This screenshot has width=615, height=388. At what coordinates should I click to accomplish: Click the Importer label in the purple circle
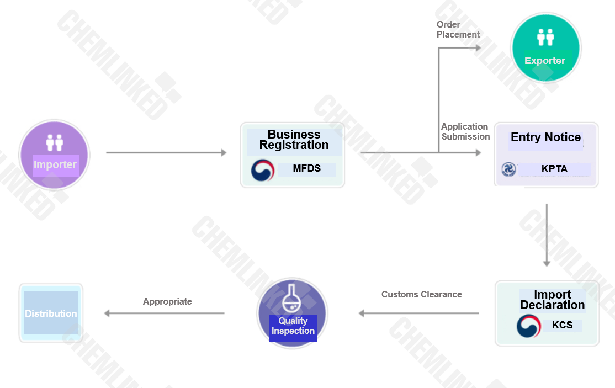pos(55,164)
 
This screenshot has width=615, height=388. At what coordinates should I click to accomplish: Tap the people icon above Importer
pos(55,142)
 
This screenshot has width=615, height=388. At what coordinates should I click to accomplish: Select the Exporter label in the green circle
pos(545,61)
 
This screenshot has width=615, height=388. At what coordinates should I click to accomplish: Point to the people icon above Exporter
pos(545,37)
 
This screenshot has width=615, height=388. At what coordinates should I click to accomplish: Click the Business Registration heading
pos(294,140)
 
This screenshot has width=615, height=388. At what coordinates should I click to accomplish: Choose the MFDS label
pos(307,168)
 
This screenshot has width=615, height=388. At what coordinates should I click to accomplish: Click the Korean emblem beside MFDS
pos(263,170)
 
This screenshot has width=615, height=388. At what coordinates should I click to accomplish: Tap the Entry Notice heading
pos(545,137)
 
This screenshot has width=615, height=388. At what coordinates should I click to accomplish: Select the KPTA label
pos(554,169)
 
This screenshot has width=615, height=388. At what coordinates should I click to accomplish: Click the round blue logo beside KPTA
pos(508,169)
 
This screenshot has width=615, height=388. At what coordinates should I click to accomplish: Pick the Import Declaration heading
pos(552,300)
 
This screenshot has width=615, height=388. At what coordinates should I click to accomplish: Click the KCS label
pos(562,325)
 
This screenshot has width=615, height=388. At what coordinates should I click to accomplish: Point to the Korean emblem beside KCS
pos(529,326)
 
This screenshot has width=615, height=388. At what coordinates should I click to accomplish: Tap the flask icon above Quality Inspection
pos(291,299)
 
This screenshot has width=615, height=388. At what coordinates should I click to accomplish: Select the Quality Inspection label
pos(293,326)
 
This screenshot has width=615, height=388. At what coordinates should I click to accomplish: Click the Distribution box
pos(51,313)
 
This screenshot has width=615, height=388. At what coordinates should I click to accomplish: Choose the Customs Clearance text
pos(422,294)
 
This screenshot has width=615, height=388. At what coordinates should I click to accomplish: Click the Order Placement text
pos(458,29)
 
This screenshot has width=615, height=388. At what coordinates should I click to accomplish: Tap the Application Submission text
pos(465,132)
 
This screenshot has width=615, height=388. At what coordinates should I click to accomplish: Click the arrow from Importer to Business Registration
pos(166,152)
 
